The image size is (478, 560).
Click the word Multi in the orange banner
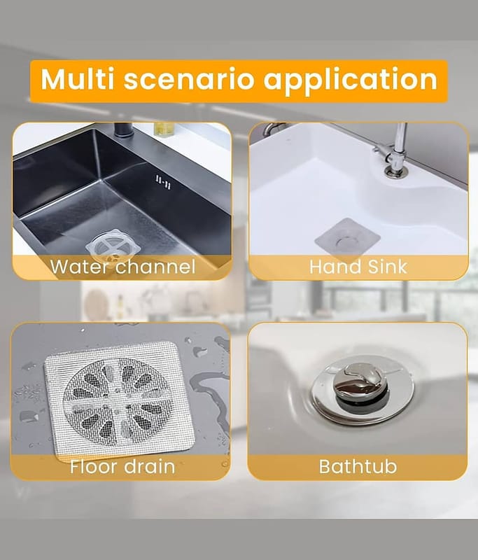click(x=78, y=79)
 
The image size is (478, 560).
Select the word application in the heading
click(x=350, y=81)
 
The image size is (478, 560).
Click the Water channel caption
click(x=122, y=267)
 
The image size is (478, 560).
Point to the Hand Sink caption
click(x=358, y=267)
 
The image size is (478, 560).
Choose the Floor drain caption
click(x=122, y=466)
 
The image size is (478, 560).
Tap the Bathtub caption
click(x=358, y=466)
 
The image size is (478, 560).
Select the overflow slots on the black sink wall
click(x=163, y=182)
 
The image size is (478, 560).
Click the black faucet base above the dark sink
click(x=123, y=132)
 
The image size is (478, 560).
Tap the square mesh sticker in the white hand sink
click(x=347, y=238)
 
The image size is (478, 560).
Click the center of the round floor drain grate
click(x=118, y=400)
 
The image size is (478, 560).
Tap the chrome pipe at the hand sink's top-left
click(x=274, y=128)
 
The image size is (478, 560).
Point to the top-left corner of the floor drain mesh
click(x=47, y=360)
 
